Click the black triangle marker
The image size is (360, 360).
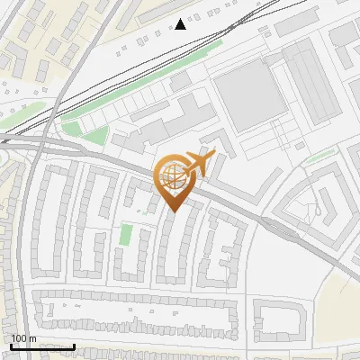(x=181, y=24)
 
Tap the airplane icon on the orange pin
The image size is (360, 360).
(x=199, y=163)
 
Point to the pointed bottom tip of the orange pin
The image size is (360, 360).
(x=173, y=211)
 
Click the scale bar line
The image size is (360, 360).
(x=42, y=346)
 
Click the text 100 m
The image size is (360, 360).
(x=23, y=338)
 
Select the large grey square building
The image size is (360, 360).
(x=250, y=95)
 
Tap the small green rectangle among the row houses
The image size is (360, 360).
(x=126, y=235)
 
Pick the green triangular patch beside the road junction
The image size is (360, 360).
(x=97, y=137)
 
